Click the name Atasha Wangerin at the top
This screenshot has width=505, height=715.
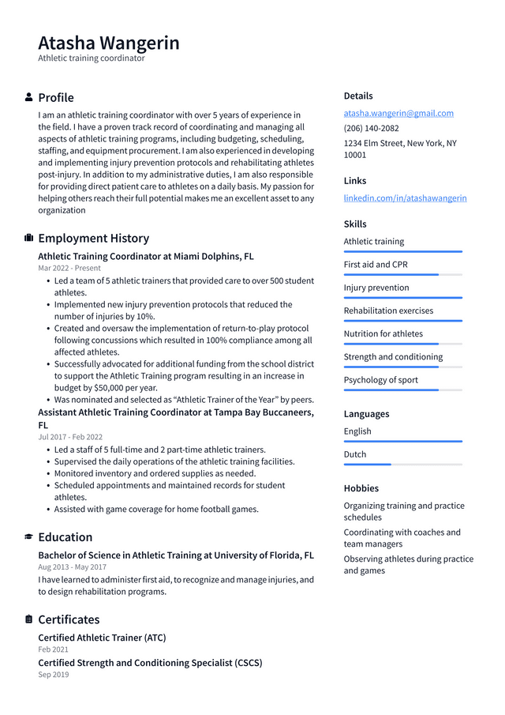[109, 43]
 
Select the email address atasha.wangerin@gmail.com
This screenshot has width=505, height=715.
[398, 113]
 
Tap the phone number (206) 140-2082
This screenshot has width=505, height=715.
[371, 128]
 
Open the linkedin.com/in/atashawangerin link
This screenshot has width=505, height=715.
[405, 198]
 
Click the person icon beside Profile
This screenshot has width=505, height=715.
[29, 97]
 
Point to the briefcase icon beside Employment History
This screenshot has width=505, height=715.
[29, 238]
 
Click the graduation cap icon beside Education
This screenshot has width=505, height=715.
[29, 536]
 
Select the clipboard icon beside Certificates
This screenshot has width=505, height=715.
[29, 619]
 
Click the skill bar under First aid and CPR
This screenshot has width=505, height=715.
[402, 275]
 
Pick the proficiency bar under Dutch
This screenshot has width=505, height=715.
[402, 465]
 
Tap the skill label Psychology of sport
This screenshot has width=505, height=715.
[381, 380]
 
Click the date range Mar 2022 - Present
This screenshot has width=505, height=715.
[69, 268]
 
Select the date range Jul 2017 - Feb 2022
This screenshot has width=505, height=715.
[70, 437]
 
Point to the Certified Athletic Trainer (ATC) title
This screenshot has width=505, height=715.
[102, 638]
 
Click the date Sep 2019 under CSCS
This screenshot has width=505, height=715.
[54, 675]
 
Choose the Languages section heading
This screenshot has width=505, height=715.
[366, 414]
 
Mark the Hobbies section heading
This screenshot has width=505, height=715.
[361, 488]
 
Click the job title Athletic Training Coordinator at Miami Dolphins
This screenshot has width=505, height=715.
[146, 257]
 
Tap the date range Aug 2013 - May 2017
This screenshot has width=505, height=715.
[72, 566]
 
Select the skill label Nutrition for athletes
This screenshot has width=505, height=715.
[383, 334]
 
